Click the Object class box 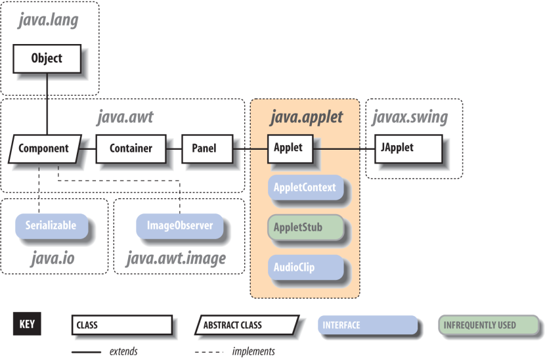47,58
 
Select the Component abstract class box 43,148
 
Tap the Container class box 131,148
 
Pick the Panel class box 204,148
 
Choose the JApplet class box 397,148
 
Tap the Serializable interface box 51,226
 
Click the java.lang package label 48,20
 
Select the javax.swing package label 410,117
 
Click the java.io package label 53,258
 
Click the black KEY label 27,325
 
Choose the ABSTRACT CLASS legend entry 246,325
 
